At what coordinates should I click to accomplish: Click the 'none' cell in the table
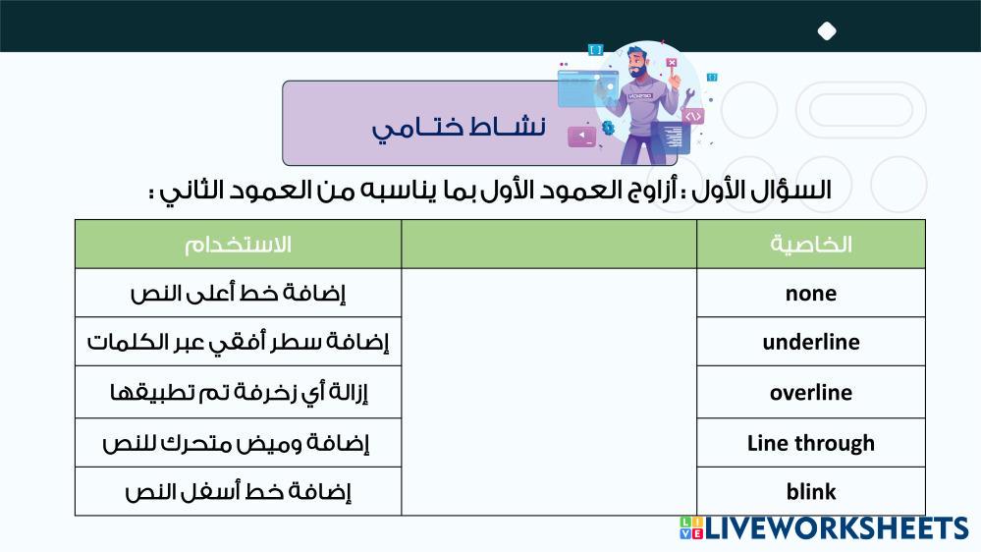click(811, 293)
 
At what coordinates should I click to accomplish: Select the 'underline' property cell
click(811, 342)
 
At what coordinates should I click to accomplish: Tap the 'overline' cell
click(811, 393)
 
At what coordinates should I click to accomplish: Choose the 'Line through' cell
click(811, 443)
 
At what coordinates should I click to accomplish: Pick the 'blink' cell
click(811, 491)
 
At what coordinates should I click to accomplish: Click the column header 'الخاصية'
click(811, 245)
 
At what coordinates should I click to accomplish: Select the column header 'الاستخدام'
click(238, 245)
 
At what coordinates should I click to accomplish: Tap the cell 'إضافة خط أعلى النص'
click(238, 293)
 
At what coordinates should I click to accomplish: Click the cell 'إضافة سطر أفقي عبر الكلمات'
click(238, 342)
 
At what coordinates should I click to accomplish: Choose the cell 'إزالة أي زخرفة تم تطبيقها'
click(238, 393)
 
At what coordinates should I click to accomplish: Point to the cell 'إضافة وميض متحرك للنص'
click(238, 443)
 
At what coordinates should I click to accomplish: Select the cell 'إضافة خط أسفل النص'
click(238, 491)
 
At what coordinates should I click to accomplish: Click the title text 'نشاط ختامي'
click(459, 127)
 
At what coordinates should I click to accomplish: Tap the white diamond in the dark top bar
click(827, 30)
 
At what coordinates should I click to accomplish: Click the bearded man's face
click(637, 63)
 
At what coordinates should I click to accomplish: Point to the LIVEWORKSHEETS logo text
click(837, 528)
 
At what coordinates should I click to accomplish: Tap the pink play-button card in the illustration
click(582, 136)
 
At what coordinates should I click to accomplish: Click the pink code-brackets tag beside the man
click(692, 116)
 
